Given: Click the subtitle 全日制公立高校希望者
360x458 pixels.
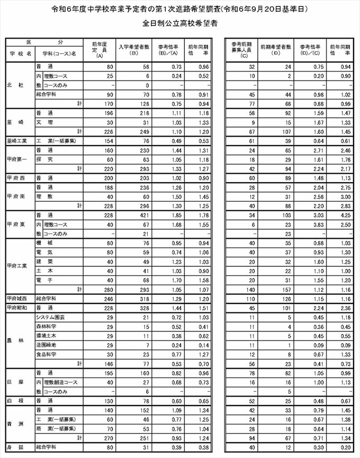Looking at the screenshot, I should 179,24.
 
